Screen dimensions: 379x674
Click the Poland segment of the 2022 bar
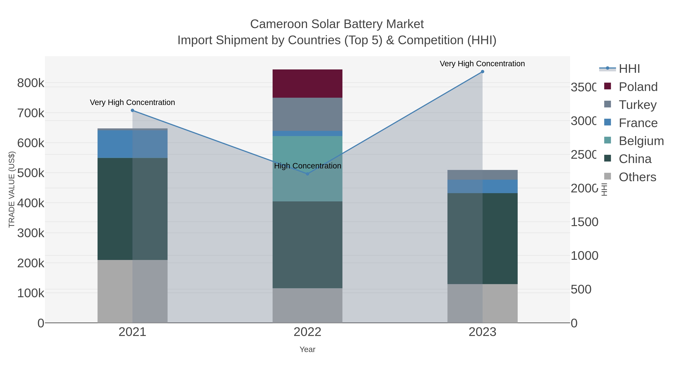pyautogui.click(x=307, y=83)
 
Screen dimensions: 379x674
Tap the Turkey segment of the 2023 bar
pyautogui.click(x=482, y=175)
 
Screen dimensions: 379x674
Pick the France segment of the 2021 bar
pyautogui.click(x=132, y=144)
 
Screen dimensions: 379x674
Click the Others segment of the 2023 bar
pyautogui.click(x=482, y=303)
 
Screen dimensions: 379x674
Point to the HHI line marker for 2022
pyautogui.click(x=307, y=174)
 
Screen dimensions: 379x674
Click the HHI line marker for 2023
pyautogui.click(x=482, y=72)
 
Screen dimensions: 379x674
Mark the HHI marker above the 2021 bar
pyautogui.click(x=132, y=110)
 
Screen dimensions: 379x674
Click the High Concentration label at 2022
pyautogui.click(x=307, y=166)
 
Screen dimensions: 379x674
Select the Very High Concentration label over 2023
pyautogui.click(x=482, y=64)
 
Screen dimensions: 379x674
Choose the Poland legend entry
pyautogui.click(x=638, y=87)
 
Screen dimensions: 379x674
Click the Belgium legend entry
pyautogui.click(x=641, y=141)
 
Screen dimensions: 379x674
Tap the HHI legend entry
pyautogui.click(x=629, y=69)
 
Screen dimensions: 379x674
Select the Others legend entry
pyautogui.click(x=637, y=177)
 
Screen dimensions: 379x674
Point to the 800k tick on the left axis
pyautogui.click(x=31, y=83)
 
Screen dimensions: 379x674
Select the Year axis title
pyautogui.click(x=307, y=349)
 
